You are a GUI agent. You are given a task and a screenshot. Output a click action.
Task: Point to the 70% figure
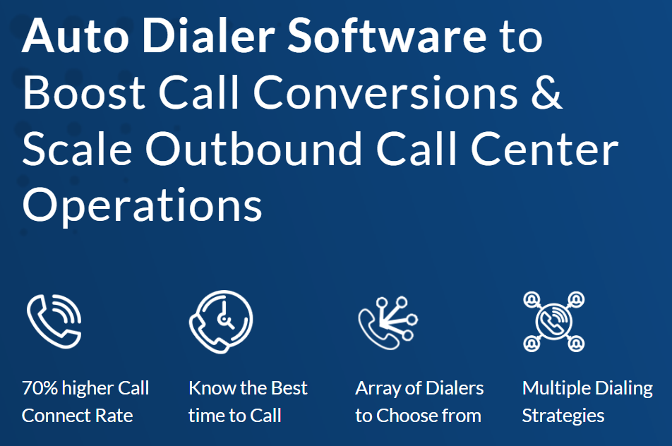point(41,388)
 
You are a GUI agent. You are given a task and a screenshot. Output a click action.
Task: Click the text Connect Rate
point(77,416)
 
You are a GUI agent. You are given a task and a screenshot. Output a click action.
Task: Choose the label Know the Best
point(248,388)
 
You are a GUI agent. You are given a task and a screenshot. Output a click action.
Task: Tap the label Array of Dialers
point(419,388)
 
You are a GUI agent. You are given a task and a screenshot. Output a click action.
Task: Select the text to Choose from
point(418,416)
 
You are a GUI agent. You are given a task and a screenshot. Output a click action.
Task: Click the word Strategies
point(563,416)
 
